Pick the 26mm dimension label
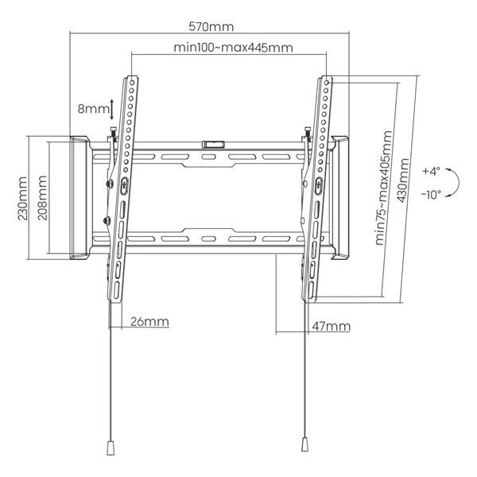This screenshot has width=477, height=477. (149, 321)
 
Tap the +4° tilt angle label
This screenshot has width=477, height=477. (431, 171)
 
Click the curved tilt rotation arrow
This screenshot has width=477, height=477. (454, 183)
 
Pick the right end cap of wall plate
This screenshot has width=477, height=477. (340, 200)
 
